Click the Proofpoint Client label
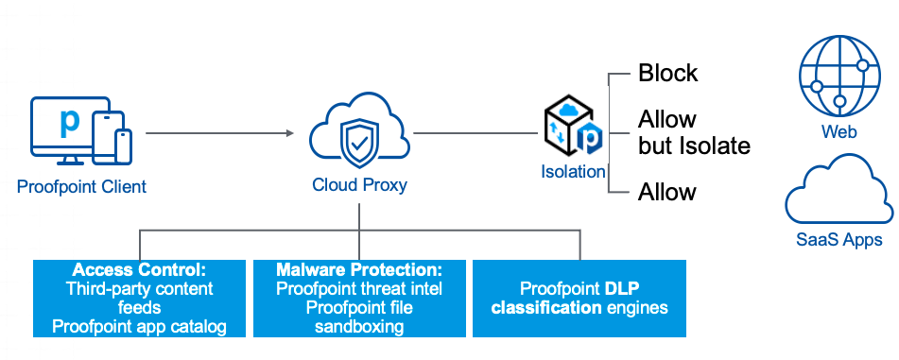click(x=81, y=186)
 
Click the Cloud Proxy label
click(x=359, y=185)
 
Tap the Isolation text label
click(x=573, y=171)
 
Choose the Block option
click(x=667, y=73)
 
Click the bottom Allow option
click(x=667, y=193)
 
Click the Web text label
click(x=839, y=132)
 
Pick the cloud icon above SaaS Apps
click(x=839, y=194)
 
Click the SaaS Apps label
click(x=838, y=239)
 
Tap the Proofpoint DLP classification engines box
click(x=579, y=298)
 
